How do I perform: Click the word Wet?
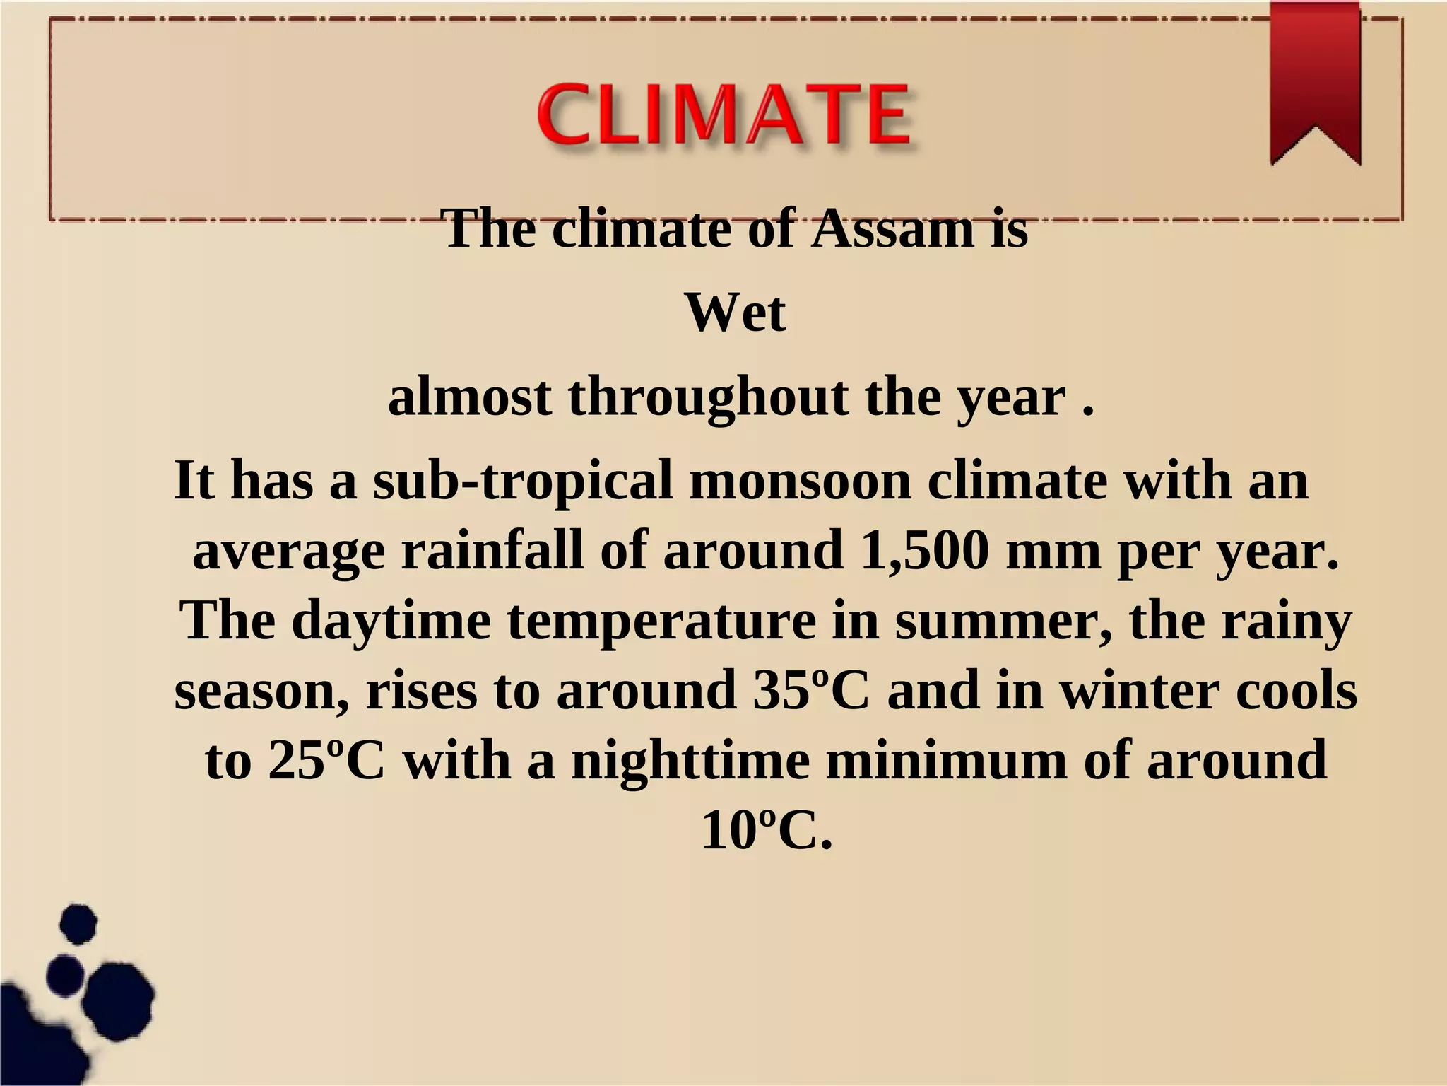click(735, 313)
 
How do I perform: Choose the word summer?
click(1003, 621)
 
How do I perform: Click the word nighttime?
click(690, 761)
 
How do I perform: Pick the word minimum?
click(946, 761)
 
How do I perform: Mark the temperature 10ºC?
click(766, 831)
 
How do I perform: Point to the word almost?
click(469, 397)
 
